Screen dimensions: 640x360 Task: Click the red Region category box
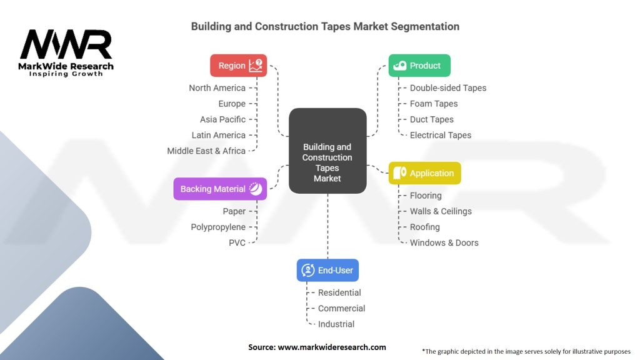(238, 65)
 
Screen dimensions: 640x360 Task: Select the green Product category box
(419, 65)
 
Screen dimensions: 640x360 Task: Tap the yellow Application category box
(424, 173)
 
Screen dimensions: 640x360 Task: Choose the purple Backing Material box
(220, 189)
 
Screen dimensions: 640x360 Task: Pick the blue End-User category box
(327, 270)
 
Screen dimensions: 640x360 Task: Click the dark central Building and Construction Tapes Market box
(327, 151)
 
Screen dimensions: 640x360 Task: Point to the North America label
(217, 87)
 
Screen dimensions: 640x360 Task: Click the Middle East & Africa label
(206, 151)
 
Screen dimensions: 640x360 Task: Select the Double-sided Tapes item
(448, 87)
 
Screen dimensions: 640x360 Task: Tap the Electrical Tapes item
(441, 135)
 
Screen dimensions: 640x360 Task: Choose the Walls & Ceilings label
(441, 211)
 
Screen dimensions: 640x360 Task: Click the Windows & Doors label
(444, 242)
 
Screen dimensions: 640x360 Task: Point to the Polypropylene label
(218, 227)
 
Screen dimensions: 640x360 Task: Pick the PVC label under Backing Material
(237, 243)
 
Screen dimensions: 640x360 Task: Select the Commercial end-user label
(342, 308)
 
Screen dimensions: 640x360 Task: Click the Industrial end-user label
(336, 324)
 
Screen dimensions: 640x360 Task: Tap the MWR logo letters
(66, 44)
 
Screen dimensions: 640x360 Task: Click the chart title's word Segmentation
(425, 26)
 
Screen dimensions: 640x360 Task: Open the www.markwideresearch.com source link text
(332, 347)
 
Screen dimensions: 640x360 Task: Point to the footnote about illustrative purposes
(526, 351)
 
